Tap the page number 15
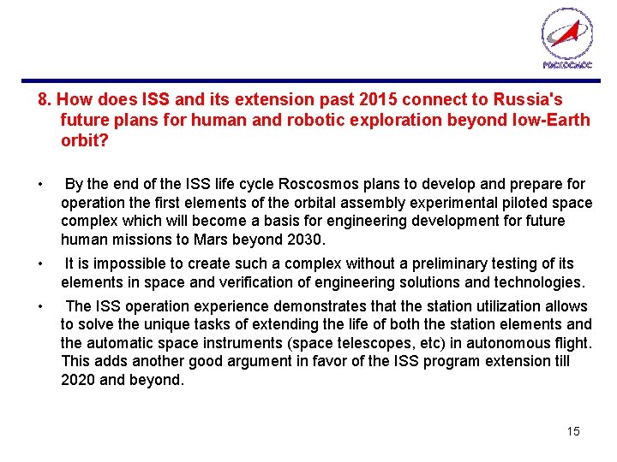(x=572, y=431)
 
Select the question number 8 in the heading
(x=43, y=100)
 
